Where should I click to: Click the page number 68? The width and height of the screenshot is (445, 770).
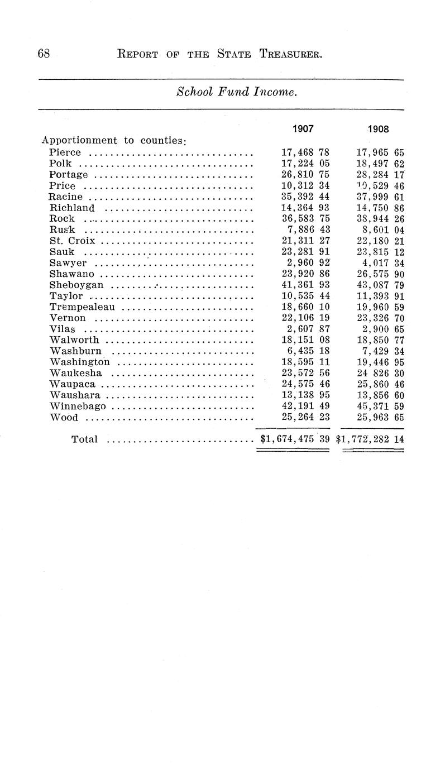pos(44,54)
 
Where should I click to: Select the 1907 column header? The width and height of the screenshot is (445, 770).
pos(303,128)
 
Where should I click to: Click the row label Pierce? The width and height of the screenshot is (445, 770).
pos(65,152)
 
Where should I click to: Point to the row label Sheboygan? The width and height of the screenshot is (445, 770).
pos(76,285)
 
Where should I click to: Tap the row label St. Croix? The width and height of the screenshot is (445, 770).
pos(72,241)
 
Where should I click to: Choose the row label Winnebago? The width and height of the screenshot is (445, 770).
pos(78,406)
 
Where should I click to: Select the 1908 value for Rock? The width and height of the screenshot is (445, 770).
pos(380,219)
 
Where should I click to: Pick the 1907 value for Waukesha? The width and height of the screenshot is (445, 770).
pos(305,374)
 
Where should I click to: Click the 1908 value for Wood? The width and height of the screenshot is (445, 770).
pos(380,417)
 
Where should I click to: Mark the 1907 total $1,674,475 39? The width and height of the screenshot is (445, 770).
pos(295,439)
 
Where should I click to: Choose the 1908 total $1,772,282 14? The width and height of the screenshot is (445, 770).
pos(370,439)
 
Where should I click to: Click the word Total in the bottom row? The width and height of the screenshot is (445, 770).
pos(84,439)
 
